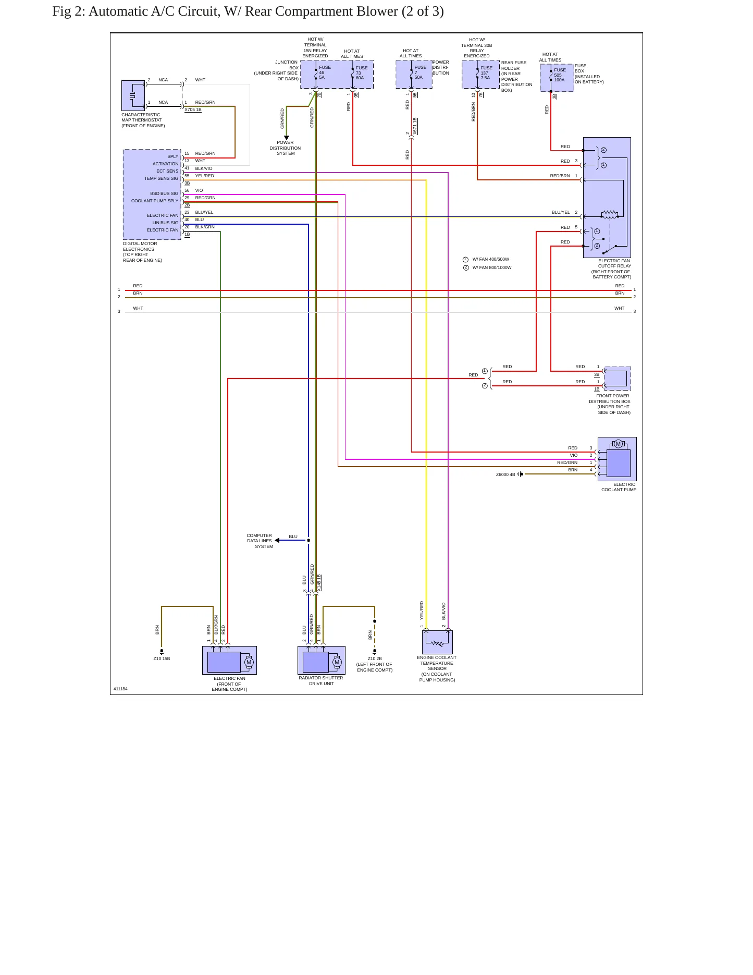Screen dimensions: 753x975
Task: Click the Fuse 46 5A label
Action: click(325, 72)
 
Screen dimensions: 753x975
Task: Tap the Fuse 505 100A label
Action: click(560, 75)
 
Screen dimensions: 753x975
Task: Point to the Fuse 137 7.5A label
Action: click(486, 73)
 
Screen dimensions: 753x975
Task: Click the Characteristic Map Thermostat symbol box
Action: click(133, 95)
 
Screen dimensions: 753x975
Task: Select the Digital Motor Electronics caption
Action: click(142, 252)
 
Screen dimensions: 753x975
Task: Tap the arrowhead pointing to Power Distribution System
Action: click(286, 138)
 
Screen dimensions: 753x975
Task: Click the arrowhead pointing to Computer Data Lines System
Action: click(277, 540)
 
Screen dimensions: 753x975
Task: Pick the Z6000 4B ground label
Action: click(505, 474)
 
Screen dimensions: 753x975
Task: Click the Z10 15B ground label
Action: click(162, 659)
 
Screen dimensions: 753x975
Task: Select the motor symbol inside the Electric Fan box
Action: click(249, 662)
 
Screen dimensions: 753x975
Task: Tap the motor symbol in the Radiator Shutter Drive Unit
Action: click(337, 662)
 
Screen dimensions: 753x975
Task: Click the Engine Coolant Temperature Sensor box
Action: click(437, 642)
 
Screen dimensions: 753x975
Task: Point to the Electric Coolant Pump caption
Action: click(619, 487)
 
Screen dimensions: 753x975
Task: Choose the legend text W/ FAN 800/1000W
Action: click(492, 267)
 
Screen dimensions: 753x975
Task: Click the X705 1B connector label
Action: click(193, 109)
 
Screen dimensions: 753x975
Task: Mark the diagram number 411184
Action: click(120, 689)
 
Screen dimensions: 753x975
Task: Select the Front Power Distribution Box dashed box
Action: click(617, 379)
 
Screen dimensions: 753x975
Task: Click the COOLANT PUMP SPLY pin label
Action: click(155, 201)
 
